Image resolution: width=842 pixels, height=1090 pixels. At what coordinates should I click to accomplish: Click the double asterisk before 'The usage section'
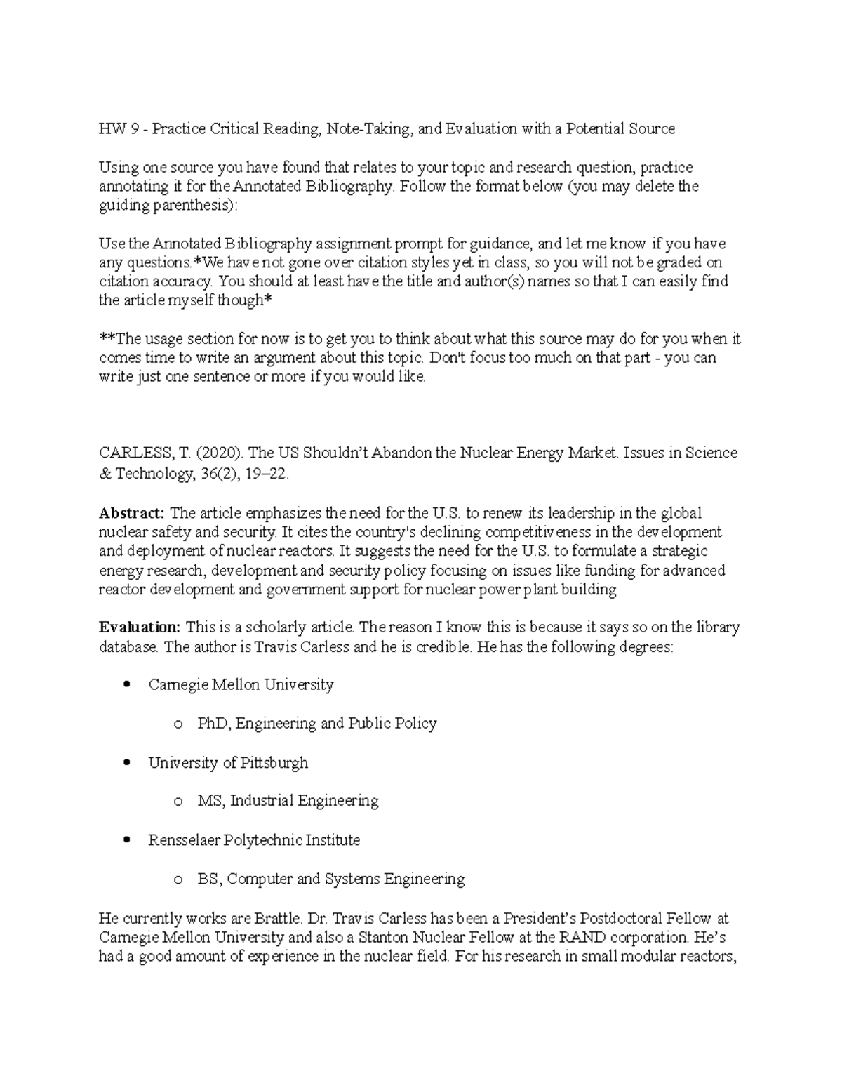(x=106, y=338)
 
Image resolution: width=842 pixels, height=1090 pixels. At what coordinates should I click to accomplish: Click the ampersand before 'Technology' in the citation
(x=105, y=474)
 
